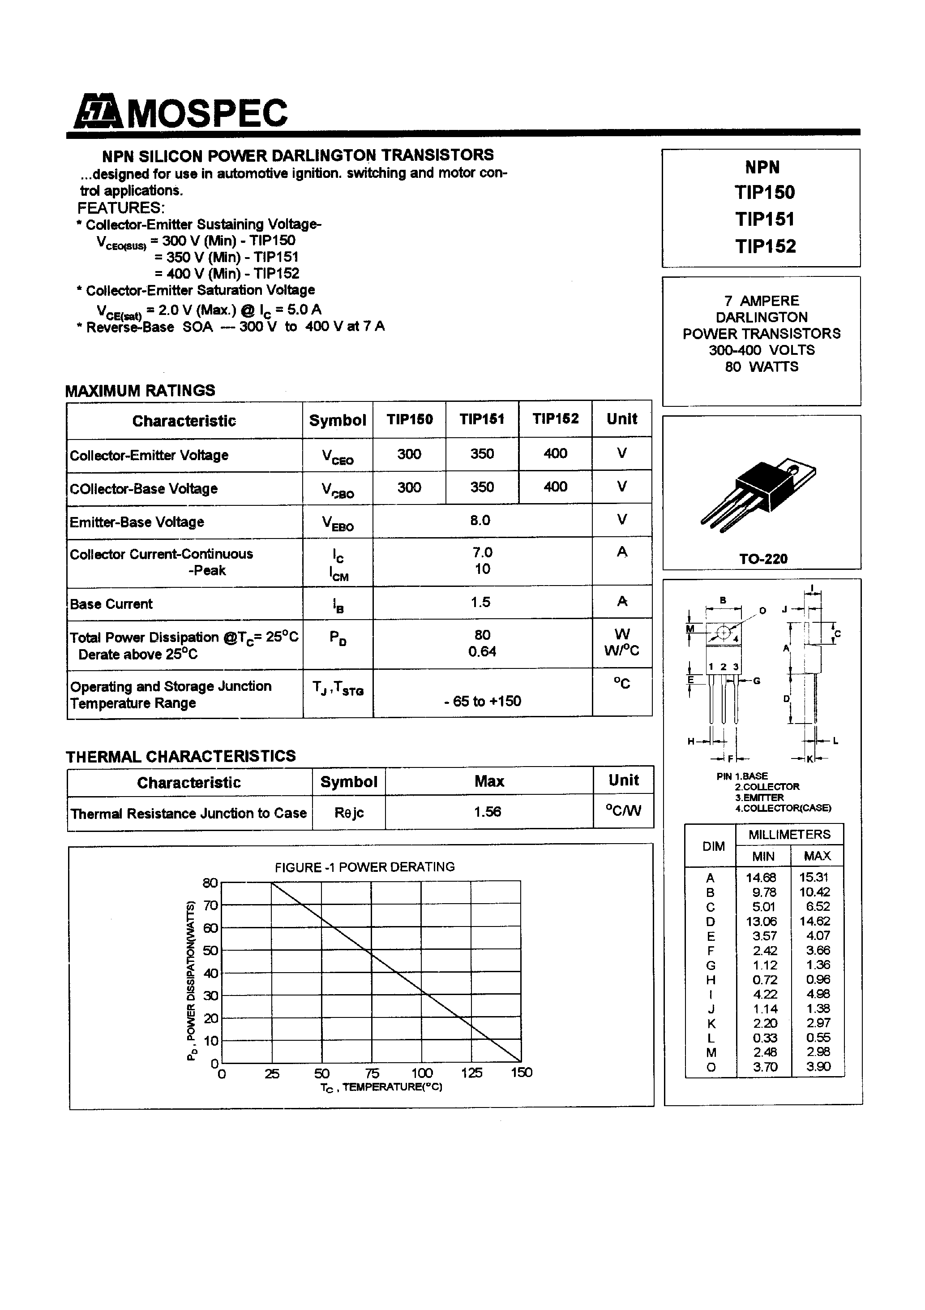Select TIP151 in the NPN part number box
click(764, 219)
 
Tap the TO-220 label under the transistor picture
click(763, 559)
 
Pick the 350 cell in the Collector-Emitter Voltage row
click(482, 454)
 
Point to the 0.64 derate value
click(482, 651)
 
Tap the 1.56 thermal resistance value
click(488, 812)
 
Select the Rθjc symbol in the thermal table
click(348, 812)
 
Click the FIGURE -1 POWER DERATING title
click(364, 867)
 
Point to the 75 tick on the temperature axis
click(372, 1073)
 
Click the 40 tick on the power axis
click(210, 973)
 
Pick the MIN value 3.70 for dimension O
click(765, 1067)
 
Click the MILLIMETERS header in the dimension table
click(789, 835)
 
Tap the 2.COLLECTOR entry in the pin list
click(767, 787)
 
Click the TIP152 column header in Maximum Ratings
click(556, 419)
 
